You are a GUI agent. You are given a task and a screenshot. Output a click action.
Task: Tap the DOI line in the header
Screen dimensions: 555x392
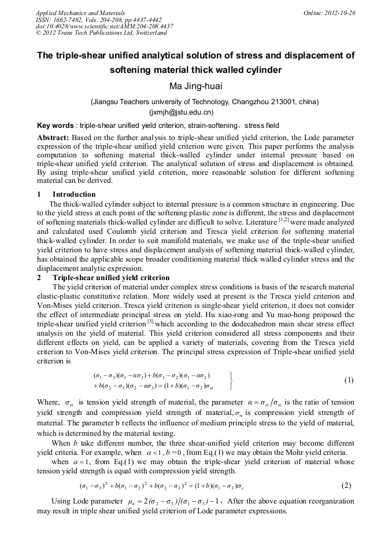coord(104,27)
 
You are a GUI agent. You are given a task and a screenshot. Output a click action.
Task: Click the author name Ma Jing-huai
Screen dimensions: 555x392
coord(195,87)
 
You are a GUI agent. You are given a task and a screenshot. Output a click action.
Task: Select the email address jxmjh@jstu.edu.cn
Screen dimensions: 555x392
coord(182,112)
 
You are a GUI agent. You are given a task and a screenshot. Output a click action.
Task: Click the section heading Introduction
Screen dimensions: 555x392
coord(74,194)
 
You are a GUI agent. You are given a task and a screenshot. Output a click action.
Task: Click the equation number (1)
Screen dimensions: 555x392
coord(349,380)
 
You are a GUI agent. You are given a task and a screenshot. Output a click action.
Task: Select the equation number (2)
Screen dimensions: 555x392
coord(346,485)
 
